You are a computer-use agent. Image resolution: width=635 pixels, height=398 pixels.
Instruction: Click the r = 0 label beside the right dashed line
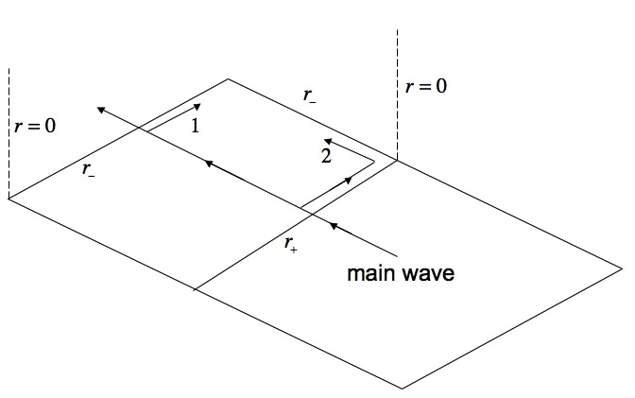click(x=425, y=86)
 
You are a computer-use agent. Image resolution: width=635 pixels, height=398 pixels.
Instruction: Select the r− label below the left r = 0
click(x=87, y=169)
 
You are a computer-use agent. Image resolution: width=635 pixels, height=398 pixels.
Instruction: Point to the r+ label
click(x=290, y=243)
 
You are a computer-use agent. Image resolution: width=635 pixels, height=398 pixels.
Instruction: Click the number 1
click(x=195, y=125)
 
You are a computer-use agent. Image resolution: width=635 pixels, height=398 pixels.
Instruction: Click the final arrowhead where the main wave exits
click(x=98, y=109)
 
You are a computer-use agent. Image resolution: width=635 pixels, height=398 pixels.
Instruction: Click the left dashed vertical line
click(x=9, y=132)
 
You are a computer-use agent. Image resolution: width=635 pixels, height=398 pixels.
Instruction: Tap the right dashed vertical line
click(x=398, y=95)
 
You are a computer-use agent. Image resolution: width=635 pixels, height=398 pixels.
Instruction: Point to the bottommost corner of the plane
click(x=403, y=388)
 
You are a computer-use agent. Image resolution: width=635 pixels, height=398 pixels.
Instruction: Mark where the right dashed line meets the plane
click(x=398, y=161)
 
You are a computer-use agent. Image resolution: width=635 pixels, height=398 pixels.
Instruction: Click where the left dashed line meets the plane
click(x=9, y=199)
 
